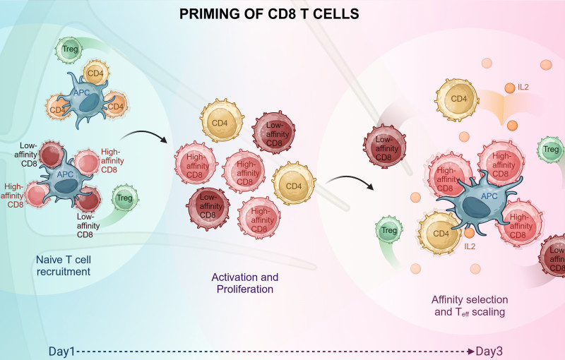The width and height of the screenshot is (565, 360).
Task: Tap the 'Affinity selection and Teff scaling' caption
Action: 469,304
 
